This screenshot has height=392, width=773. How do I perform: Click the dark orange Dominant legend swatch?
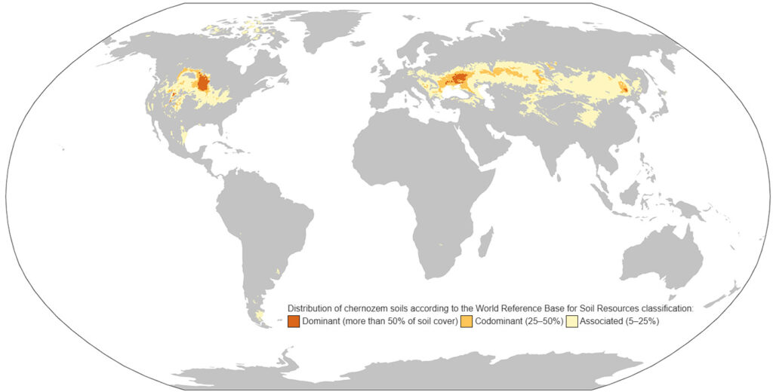click(x=294, y=322)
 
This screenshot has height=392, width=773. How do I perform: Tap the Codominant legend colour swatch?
click(x=467, y=322)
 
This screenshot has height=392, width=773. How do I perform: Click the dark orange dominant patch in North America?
click(x=202, y=81)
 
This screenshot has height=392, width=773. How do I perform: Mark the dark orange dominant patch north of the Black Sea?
click(x=459, y=77)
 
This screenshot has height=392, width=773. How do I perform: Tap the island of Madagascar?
click(x=487, y=243)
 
